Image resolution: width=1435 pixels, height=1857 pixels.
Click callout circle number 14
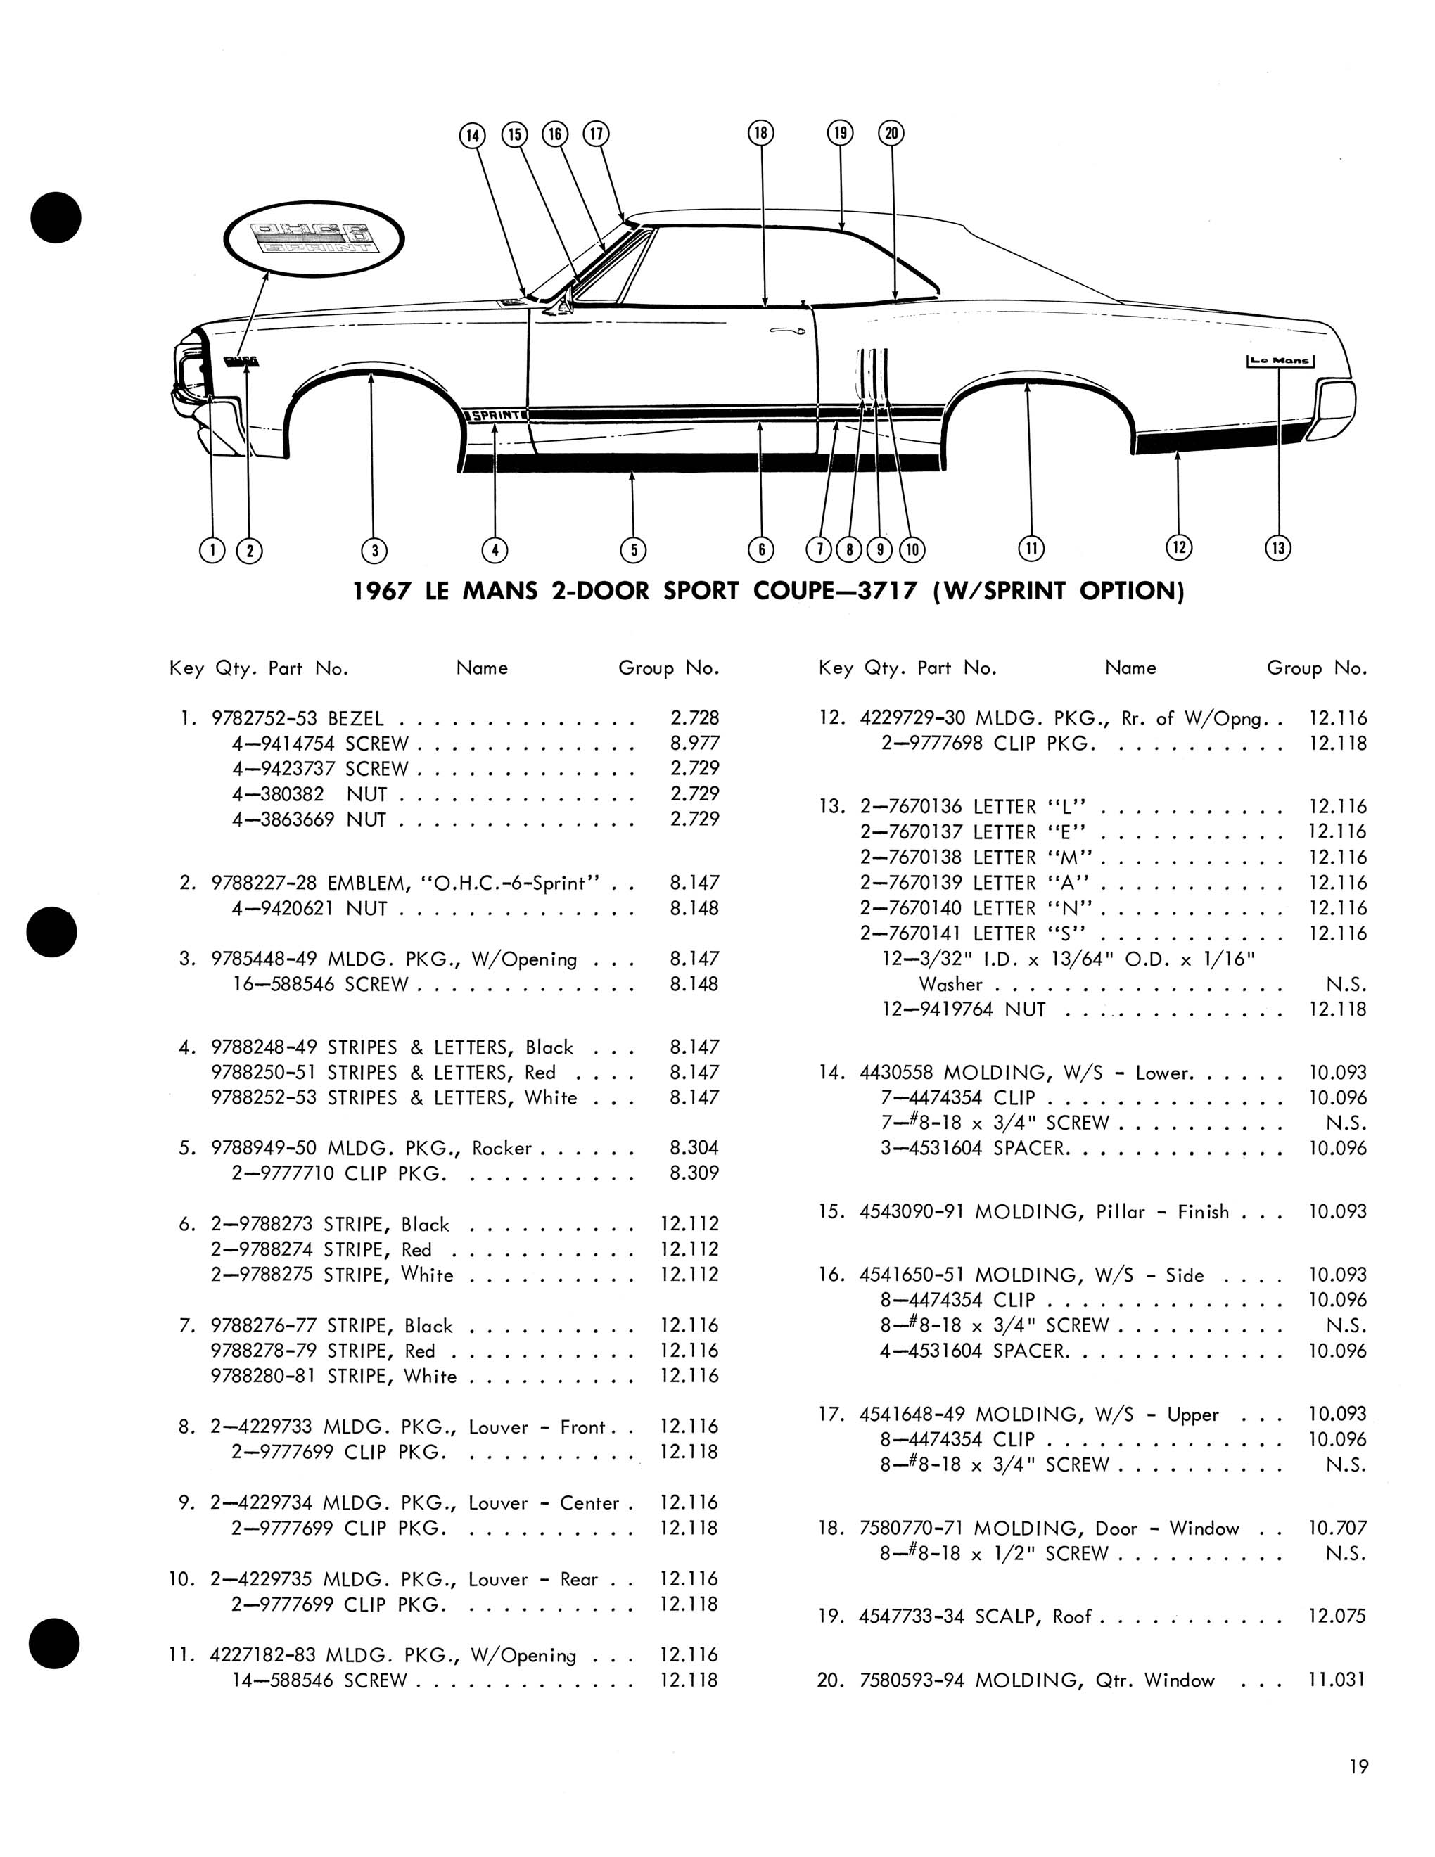pos(472,135)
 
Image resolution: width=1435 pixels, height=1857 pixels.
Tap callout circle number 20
pos(892,133)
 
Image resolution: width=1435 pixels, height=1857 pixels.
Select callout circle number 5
pos(633,550)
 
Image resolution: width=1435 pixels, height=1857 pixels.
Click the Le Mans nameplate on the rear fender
pos(1280,361)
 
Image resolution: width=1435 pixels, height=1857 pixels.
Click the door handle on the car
pos(787,331)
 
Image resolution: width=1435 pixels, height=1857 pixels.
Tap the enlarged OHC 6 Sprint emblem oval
pos(314,238)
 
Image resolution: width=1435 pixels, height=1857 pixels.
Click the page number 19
pos(1358,1767)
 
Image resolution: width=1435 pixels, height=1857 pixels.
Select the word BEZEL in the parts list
pos(355,718)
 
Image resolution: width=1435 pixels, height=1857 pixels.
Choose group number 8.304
pos(694,1149)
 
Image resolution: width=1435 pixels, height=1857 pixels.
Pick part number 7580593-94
pos(912,1680)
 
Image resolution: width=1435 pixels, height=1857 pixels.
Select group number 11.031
pos(1337,1680)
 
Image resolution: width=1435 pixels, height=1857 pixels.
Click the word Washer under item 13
pos(950,985)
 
